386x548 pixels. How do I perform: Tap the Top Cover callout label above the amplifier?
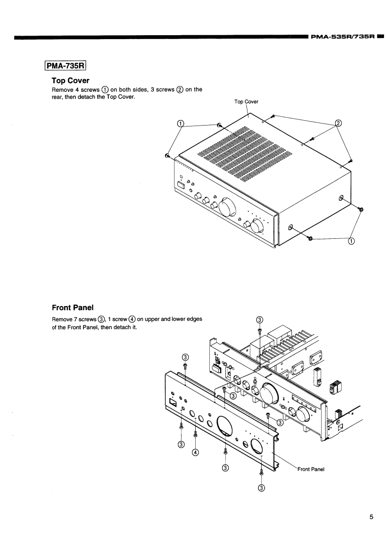246,102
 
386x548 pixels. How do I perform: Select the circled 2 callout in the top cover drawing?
338,124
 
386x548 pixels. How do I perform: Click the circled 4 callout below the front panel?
195,452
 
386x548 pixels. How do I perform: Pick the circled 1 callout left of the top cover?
181,124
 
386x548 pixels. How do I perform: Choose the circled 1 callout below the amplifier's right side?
351,240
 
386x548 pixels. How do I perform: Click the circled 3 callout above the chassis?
260,320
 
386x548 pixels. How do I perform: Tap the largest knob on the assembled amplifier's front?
227,207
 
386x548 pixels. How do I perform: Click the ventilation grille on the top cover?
244,151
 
